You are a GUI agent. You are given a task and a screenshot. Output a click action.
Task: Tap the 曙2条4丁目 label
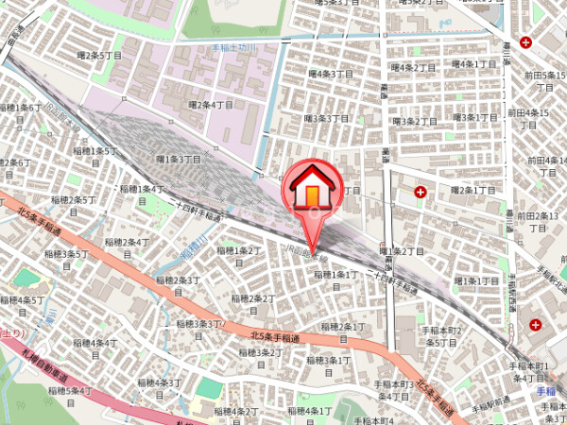(x=210, y=105)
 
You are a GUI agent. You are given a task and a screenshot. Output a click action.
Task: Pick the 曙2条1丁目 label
(x=473, y=190)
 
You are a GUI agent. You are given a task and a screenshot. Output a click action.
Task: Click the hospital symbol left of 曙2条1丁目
(x=420, y=192)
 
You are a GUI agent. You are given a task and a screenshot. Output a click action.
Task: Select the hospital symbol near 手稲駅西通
(x=536, y=325)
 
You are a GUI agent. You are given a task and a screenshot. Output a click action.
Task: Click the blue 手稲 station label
(x=545, y=390)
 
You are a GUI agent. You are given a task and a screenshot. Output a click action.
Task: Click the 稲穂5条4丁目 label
(x=70, y=391)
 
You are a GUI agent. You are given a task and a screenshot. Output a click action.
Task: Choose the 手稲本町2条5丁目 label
(x=442, y=336)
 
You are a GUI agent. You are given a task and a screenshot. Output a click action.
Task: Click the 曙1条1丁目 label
(x=476, y=281)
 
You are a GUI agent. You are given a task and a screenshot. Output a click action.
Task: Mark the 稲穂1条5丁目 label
(x=94, y=151)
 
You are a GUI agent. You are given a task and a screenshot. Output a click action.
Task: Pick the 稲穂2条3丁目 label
(x=180, y=284)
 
